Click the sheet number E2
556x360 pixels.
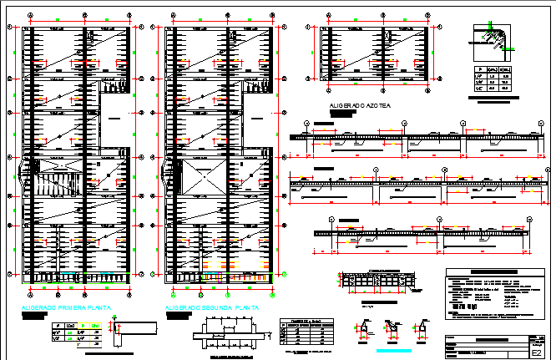click(x=536, y=353)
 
